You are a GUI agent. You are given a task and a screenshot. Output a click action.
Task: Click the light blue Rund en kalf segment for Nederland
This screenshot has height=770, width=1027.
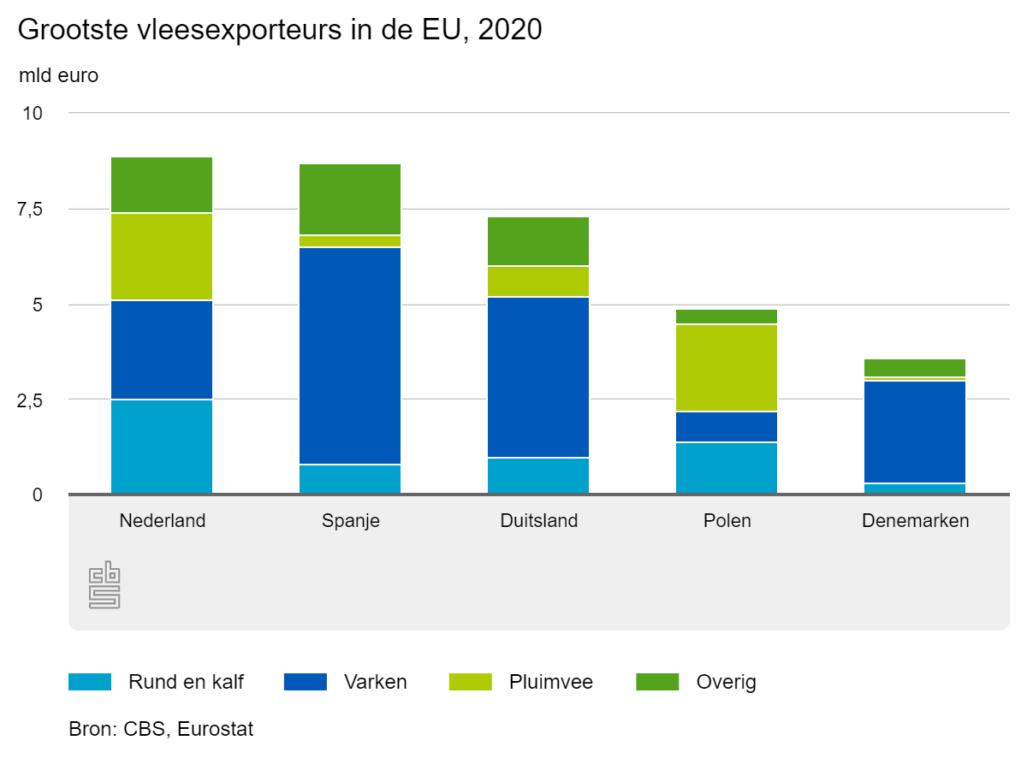click(162, 447)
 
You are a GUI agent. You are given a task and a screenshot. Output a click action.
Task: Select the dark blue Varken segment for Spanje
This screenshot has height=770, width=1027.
click(350, 356)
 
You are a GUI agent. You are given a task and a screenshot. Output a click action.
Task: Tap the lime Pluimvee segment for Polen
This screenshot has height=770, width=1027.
click(727, 368)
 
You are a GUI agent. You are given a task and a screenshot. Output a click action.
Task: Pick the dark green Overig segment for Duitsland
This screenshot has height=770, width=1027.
click(538, 241)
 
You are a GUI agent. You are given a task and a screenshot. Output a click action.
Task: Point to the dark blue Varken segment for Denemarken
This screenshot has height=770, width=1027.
click(915, 432)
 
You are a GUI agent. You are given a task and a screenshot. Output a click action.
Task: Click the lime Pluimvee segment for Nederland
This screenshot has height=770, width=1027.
click(162, 257)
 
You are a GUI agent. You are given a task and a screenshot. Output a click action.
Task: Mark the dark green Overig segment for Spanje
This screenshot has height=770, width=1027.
click(350, 199)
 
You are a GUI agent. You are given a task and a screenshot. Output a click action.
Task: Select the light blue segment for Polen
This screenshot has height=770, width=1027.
click(727, 468)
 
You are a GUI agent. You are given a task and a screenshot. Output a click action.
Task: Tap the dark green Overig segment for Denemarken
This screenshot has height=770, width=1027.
click(915, 368)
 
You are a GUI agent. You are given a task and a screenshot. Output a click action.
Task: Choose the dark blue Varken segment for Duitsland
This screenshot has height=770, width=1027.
click(538, 377)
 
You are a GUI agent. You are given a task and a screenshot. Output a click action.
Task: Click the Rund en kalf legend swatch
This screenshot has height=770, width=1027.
click(90, 682)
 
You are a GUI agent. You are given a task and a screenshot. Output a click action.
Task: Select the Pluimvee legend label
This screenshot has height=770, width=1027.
click(550, 682)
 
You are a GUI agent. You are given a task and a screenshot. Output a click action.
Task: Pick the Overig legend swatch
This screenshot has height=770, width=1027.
click(657, 682)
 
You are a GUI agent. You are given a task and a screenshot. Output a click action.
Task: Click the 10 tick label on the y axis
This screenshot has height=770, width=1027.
click(32, 114)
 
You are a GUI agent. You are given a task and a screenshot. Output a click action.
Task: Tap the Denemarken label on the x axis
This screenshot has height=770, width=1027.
click(915, 520)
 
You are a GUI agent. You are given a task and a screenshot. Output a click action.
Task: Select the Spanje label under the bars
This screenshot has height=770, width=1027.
click(350, 520)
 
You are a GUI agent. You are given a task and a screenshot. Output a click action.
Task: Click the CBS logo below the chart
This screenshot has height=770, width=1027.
click(104, 585)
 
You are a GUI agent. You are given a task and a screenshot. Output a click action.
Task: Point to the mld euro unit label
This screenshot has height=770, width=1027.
click(58, 75)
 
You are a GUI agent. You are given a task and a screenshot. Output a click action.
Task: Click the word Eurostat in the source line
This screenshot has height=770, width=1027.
click(216, 730)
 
